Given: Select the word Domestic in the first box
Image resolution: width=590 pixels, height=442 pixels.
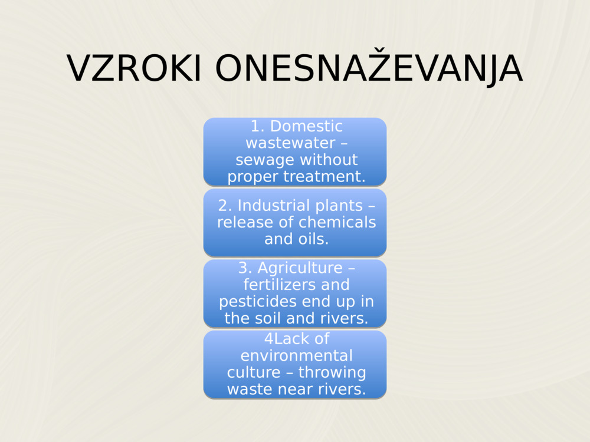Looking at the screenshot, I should pos(306,126).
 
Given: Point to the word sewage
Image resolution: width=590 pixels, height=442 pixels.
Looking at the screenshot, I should pos(262,160).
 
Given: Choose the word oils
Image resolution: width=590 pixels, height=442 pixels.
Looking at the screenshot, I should pos(313,239).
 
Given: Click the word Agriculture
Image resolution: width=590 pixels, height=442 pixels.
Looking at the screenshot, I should pos(300,268).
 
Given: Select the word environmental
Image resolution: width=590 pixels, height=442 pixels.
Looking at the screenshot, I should pos(296,355).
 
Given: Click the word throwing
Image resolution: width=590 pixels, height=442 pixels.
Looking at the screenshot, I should pos(332,372).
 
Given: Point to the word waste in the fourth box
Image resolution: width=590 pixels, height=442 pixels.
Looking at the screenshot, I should pos(248,389).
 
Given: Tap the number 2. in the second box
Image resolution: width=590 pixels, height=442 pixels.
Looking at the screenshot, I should pos(225,206).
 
